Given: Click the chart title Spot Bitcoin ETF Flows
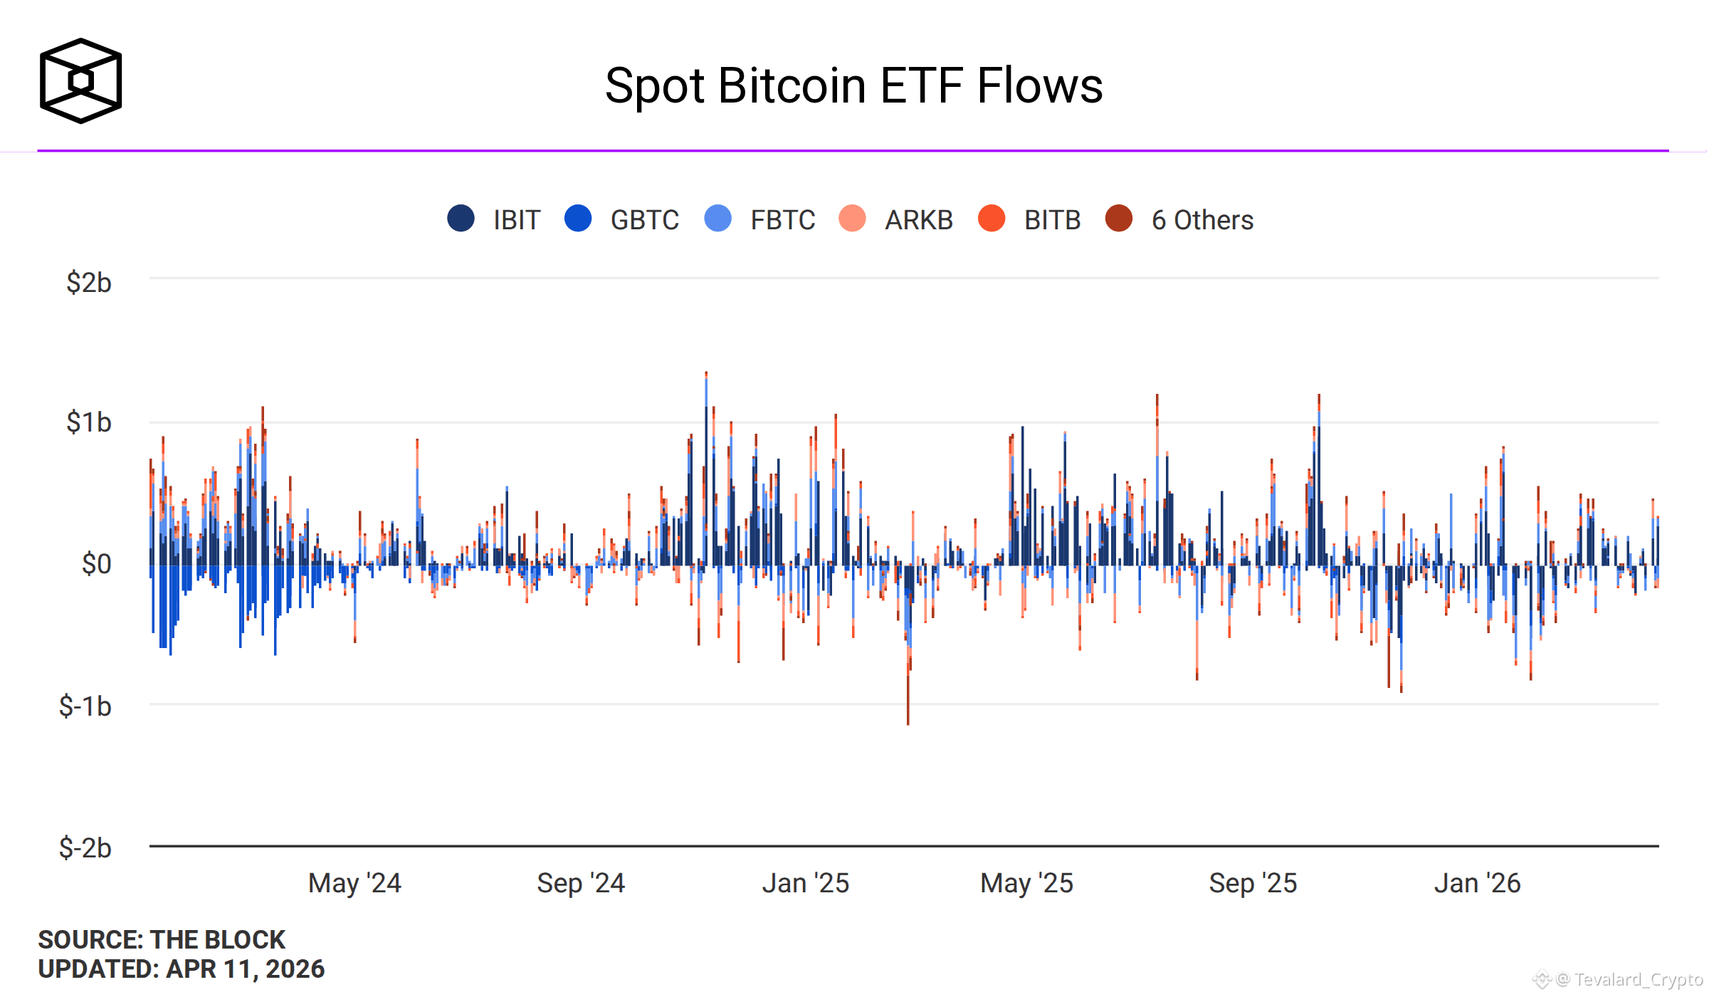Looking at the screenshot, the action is [x=853, y=86].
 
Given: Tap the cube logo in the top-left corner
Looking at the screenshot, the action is [x=80, y=80].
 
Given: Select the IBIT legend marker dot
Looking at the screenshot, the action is [x=461, y=218].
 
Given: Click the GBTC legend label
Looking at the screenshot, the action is [x=644, y=220].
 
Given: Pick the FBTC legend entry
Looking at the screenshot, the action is [x=759, y=219].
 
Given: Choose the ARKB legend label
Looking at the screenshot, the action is [x=918, y=220].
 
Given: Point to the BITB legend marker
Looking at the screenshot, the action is [x=992, y=218].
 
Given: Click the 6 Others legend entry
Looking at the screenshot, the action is [x=1179, y=219].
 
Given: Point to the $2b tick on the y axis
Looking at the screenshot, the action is [x=89, y=282].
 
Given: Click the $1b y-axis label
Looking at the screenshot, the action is [x=89, y=422].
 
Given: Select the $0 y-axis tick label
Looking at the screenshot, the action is [x=96, y=564].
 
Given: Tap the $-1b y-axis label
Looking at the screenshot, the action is [x=85, y=706].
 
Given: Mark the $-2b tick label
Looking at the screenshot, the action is [x=85, y=847].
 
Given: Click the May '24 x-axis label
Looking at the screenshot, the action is [x=354, y=883].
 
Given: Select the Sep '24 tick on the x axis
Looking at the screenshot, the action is [x=581, y=883].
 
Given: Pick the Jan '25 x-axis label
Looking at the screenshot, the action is [x=806, y=883].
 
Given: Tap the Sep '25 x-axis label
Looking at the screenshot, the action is [x=1253, y=883].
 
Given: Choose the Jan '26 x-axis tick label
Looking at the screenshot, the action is [x=1478, y=883].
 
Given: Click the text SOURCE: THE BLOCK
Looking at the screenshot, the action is [x=162, y=939].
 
